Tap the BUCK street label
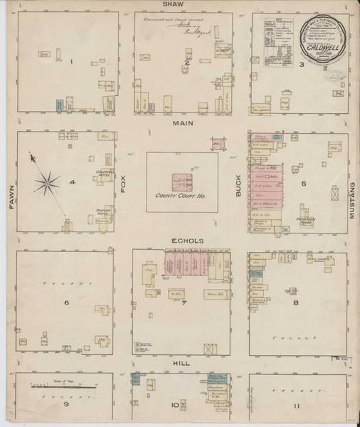pos(238,186)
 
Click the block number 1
pos(72,62)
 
